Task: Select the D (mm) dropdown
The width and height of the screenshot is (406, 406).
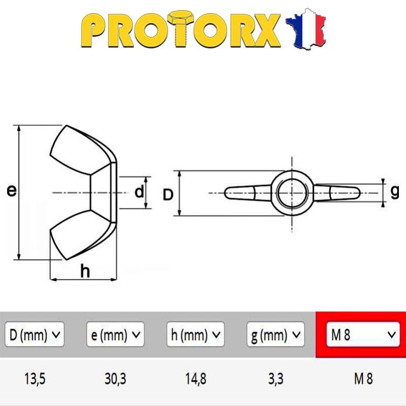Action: pyautogui.click(x=35, y=334)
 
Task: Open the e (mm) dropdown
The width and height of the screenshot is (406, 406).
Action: pyautogui.click(x=115, y=334)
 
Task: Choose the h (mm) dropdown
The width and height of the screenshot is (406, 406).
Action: pyautogui.click(x=196, y=334)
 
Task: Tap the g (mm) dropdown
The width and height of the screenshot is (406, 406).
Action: pyautogui.click(x=275, y=334)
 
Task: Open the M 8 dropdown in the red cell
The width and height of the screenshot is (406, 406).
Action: pyautogui.click(x=363, y=334)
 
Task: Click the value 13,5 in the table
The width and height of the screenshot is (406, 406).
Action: pyautogui.click(x=35, y=379)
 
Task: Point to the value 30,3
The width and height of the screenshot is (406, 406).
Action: pyautogui.click(x=115, y=379)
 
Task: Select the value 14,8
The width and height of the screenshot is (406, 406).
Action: pyautogui.click(x=196, y=379)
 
